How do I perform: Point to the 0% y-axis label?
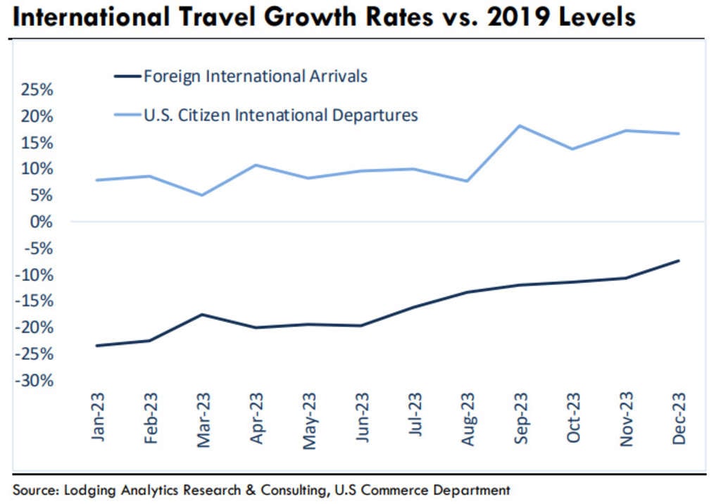(x=43, y=222)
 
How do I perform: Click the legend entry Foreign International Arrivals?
(x=255, y=76)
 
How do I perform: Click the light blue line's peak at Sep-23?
(x=520, y=126)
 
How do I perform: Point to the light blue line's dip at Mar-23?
(x=202, y=195)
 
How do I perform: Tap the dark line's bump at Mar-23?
(x=202, y=314)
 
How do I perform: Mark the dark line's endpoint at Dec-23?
(x=679, y=260)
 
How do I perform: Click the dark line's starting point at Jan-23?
(x=96, y=346)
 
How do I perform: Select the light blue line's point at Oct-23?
(x=572, y=149)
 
